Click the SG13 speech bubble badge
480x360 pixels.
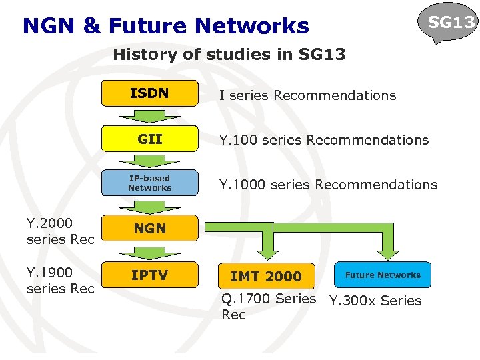point(451,23)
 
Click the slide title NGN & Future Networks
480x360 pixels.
point(165,26)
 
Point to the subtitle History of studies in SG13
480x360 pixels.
point(229,55)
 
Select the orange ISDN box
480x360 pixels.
point(149,94)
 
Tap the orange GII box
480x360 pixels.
point(149,139)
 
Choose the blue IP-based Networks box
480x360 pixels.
point(149,183)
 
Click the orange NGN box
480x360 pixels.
point(149,228)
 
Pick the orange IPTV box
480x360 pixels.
point(149,275)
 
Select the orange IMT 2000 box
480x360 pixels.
point(266,275)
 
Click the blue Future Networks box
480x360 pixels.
point(383,275)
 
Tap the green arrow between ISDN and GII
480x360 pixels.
point(149,116)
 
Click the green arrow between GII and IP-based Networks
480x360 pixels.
point(149,161)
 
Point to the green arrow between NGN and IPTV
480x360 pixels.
point(149,251)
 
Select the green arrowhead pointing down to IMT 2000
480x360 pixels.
point(267,251)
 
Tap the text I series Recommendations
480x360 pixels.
point(307,95)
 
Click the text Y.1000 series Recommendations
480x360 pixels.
point(328,185)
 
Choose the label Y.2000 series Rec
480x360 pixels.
point(60,231)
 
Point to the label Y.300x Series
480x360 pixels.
point(375,301)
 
